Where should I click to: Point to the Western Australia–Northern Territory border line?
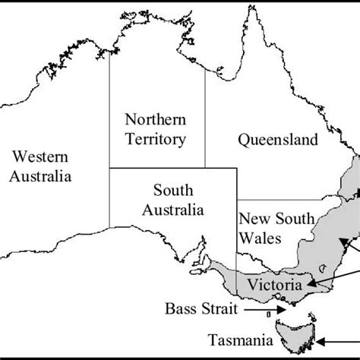109,114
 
